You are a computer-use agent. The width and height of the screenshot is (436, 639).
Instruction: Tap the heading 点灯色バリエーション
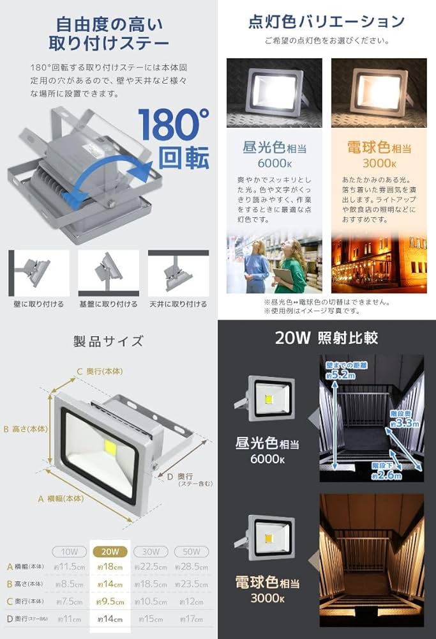[326, 22]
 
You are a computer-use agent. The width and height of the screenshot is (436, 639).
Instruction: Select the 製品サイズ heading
[108, 341]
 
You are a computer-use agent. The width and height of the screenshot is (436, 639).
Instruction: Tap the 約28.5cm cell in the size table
[190, 567]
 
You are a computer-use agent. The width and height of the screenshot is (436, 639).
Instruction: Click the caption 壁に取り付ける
[40, 304]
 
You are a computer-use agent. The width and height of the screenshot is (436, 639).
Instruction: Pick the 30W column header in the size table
[151, 551]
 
